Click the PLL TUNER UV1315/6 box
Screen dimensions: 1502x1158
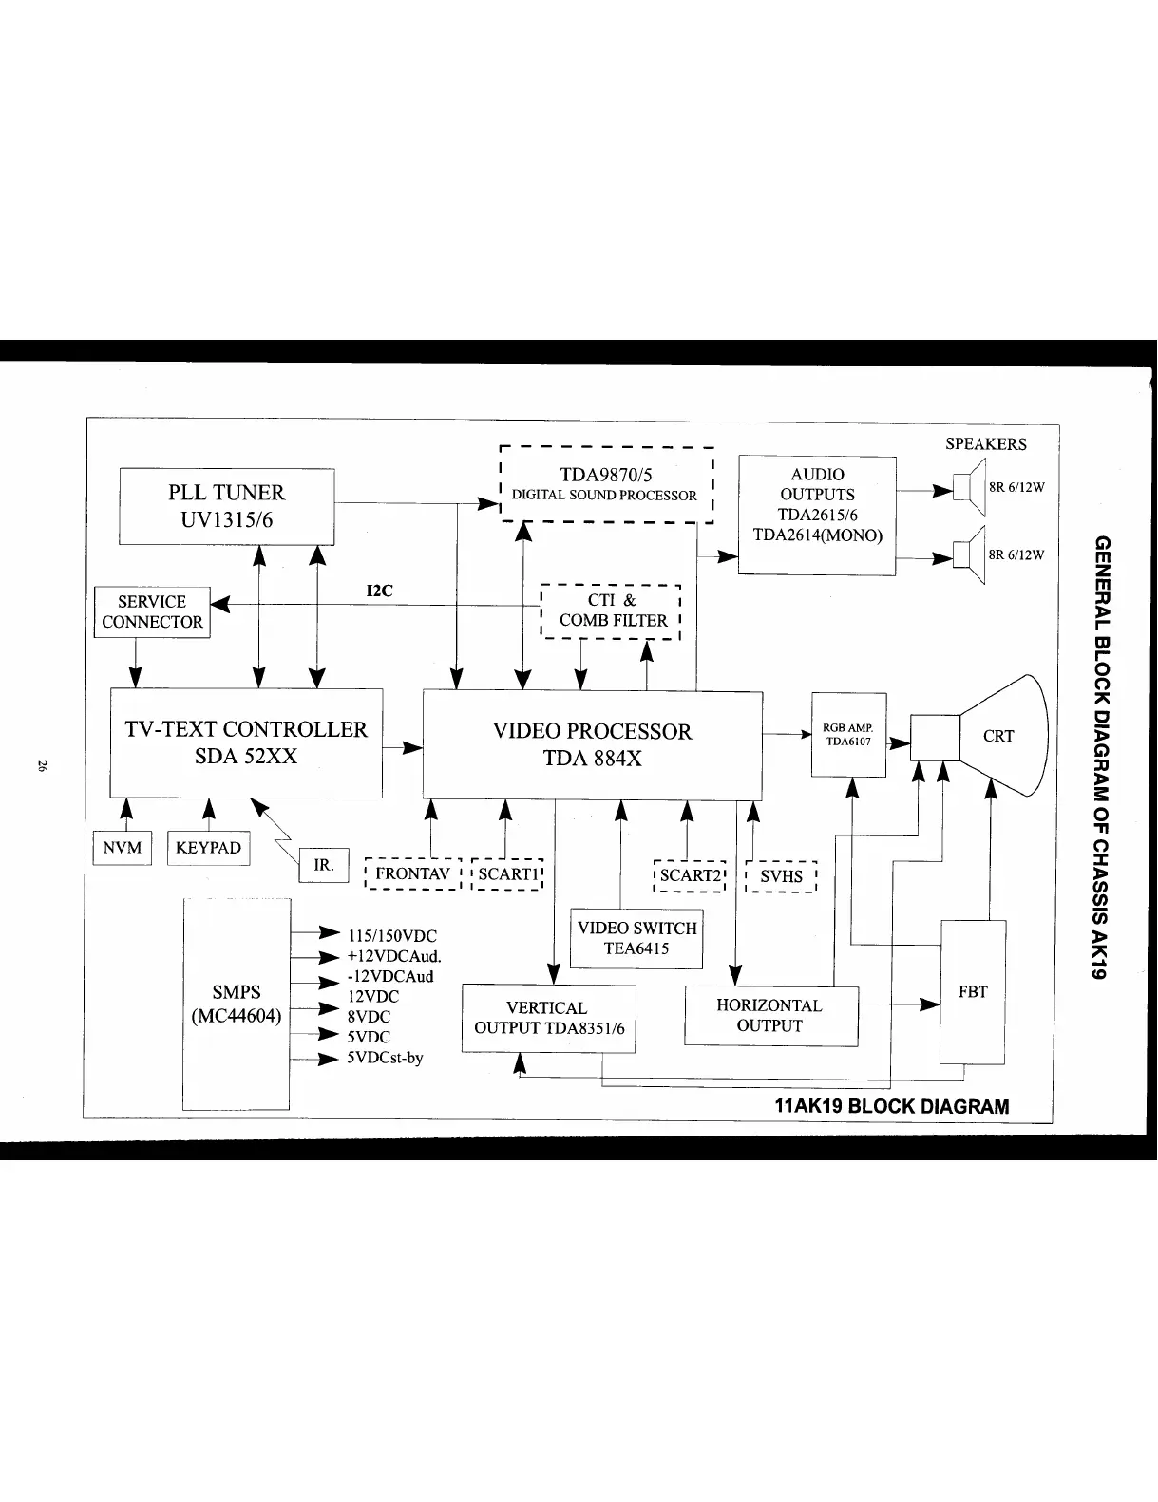tap(226, 506)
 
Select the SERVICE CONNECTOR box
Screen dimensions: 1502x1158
tap(152, 612)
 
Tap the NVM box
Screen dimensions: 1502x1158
tap(122, 848)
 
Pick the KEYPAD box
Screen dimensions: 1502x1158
tap(208, 848)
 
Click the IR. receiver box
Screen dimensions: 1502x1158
tap(324, 866)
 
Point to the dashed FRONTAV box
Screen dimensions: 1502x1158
tap(412, 874)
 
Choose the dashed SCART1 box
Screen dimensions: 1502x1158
tap(507, 874)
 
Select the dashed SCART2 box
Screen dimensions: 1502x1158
tap(690, 876)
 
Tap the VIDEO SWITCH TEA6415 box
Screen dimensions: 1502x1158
tap(636, 938)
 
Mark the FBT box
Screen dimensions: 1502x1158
tap(973, 992)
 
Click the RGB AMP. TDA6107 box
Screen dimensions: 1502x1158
tap(848, 735)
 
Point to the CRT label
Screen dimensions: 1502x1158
tap(998, 736)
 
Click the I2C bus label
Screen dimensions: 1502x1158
tap(379, 591)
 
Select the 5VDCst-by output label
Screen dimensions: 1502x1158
tap(385, 1057)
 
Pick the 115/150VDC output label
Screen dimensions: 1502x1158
tap(391, 935)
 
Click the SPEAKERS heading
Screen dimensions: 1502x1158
tap(985, 444)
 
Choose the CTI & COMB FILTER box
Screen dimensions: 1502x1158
tap(612, 610)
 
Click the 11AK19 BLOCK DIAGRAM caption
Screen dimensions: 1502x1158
tap(892, 1106)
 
